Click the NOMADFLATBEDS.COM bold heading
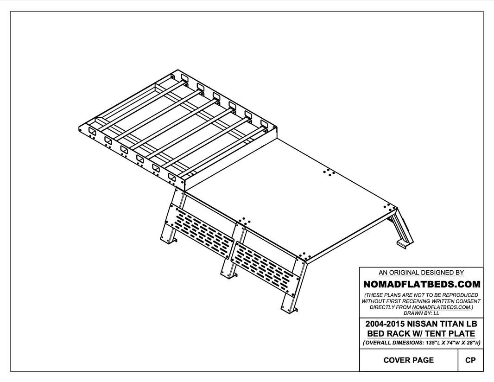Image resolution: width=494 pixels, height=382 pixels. [421, 284]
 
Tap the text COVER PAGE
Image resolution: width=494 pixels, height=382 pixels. [409, 360]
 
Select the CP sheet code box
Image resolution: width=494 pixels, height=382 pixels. [470, 360]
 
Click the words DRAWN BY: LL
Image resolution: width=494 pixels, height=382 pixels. [421, 313]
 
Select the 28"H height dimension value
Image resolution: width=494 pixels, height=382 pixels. [470, 343]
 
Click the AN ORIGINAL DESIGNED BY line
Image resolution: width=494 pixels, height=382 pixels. [421, 273]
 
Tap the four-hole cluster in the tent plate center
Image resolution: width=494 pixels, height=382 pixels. [329, 172]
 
